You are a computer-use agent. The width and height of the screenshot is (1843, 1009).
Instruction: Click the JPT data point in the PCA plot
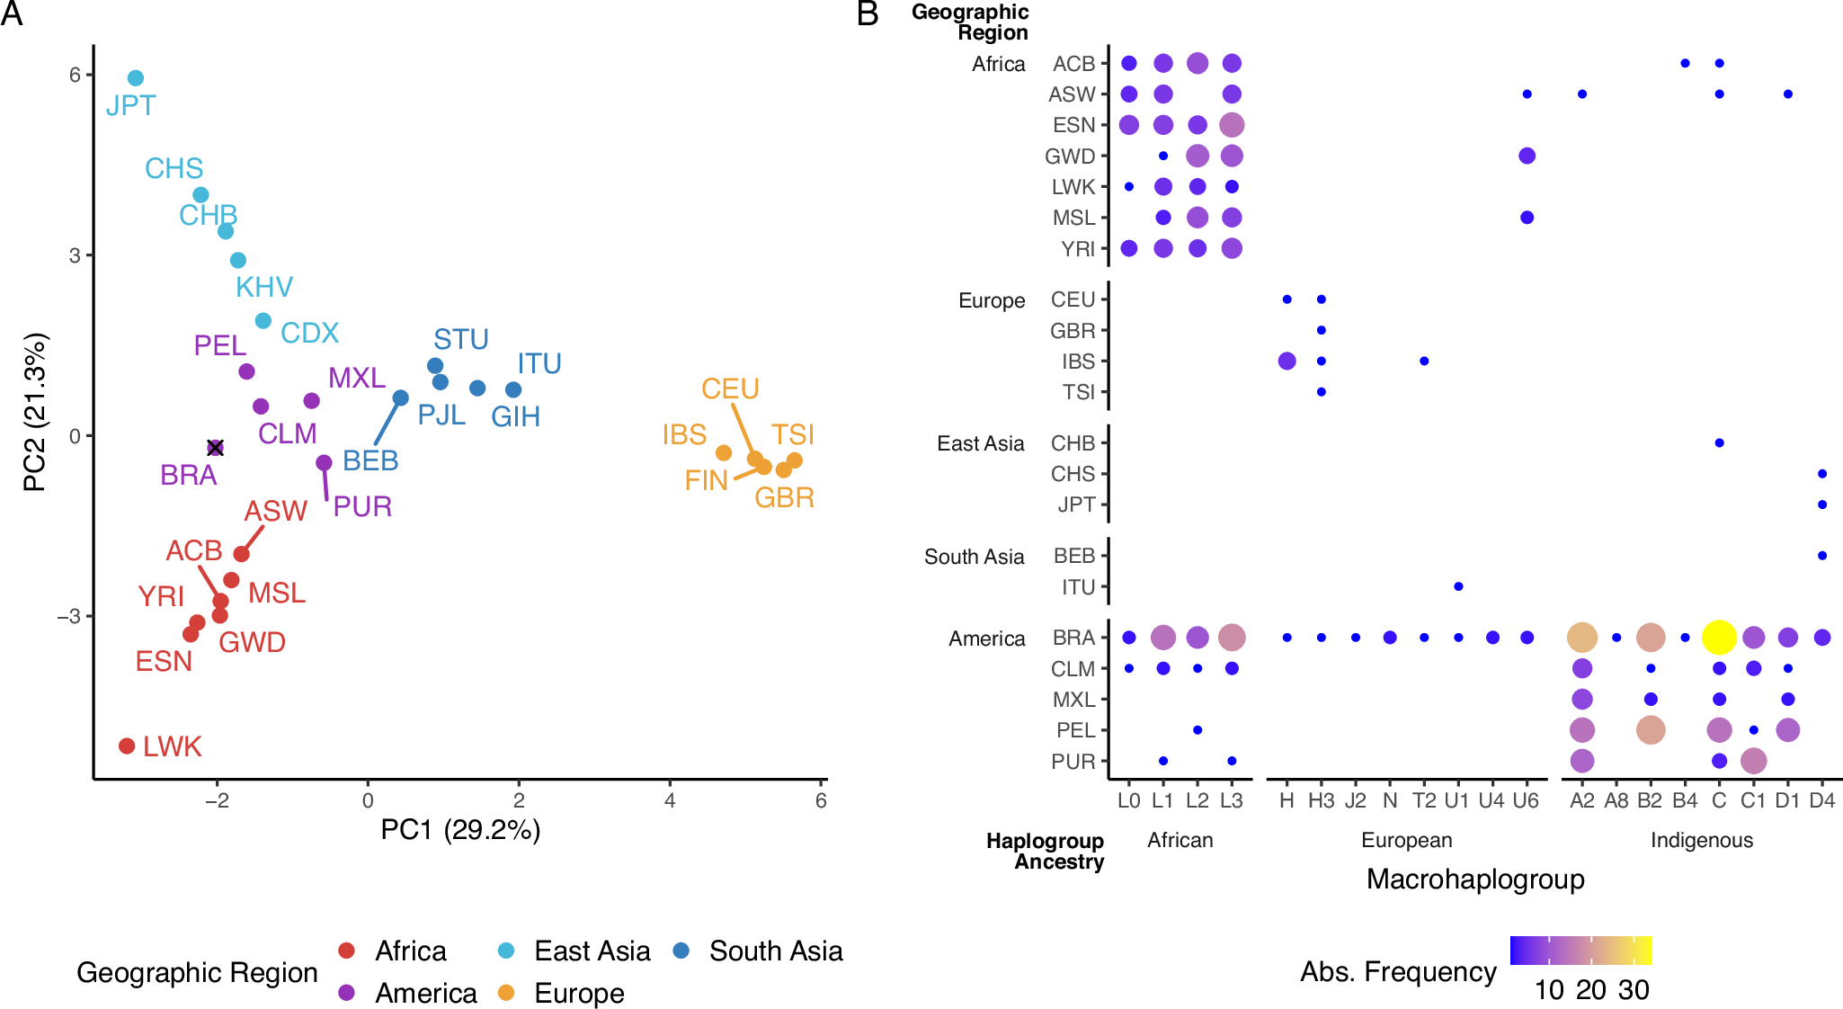pos(136,78)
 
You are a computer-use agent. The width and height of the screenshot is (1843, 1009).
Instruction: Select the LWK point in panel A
pos(127,746)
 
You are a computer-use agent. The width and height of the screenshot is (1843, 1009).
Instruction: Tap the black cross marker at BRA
pos(215,448)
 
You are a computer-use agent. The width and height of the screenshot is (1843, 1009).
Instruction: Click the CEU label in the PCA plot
pos(730,388)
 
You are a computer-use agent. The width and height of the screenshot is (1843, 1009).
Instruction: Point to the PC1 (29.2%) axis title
pos(460,829)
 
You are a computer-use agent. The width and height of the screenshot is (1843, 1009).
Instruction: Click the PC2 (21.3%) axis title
pos(34,413)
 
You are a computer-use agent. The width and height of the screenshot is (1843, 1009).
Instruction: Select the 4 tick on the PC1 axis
pos(670,800)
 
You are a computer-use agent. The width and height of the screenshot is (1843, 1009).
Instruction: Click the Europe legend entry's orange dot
pos(506,993)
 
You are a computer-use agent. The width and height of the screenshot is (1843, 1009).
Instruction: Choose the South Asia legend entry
pos(775,951)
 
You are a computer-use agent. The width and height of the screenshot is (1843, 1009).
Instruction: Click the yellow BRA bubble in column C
pos(1719,638)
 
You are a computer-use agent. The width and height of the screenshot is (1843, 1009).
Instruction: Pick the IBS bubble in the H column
pos(1287,361)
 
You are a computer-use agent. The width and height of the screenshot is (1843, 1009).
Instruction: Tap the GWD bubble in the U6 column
pos(1527,156)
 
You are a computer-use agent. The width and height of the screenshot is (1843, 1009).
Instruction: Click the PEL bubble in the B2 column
pos(1651,730)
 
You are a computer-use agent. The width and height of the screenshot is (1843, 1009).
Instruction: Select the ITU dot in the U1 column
pos(1458,586)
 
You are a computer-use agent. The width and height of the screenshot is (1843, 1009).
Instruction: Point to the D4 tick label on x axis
pos(1821,800)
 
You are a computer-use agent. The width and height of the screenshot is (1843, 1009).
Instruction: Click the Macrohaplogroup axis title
pos(1475,879)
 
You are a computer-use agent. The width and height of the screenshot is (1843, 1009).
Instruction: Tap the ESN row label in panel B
pos(1073,125)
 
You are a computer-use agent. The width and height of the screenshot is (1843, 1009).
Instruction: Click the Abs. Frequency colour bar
pos(1580,951)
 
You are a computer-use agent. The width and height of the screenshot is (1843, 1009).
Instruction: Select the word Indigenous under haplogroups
pos(1701,840)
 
